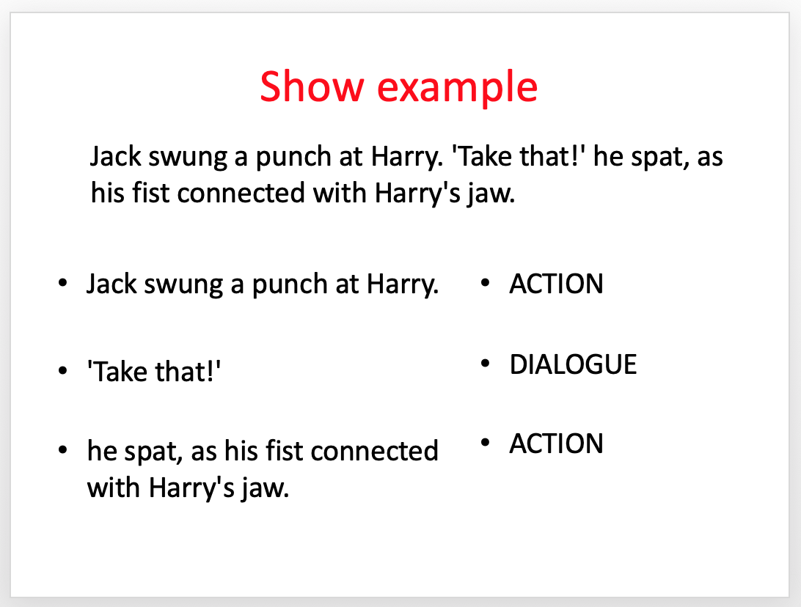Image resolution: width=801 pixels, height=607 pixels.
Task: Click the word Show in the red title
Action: [312, 87]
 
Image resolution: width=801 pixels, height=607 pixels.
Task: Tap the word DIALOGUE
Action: [573, 364]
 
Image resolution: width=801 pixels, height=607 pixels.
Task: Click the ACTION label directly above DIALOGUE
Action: [556, 284]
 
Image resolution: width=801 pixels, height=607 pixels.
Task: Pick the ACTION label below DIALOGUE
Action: [556, 443]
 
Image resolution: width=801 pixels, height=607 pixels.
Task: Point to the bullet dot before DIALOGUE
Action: [486, 363]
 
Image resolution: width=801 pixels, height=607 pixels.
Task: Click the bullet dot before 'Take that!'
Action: [63, 370]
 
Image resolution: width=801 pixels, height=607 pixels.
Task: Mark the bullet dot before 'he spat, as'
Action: [63, 450]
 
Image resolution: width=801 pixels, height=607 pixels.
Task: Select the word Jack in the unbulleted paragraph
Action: [115, 156]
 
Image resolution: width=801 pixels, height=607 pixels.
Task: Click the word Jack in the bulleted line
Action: [111, 284]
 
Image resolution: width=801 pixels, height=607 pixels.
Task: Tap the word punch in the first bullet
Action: [290, 285]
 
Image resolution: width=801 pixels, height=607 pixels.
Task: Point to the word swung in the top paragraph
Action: [188, 158]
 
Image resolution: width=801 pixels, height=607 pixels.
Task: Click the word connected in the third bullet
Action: [374, 451]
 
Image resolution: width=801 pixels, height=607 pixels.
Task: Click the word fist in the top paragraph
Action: [150, 193]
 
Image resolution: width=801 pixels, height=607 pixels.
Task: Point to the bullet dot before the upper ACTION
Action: [486, 282]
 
